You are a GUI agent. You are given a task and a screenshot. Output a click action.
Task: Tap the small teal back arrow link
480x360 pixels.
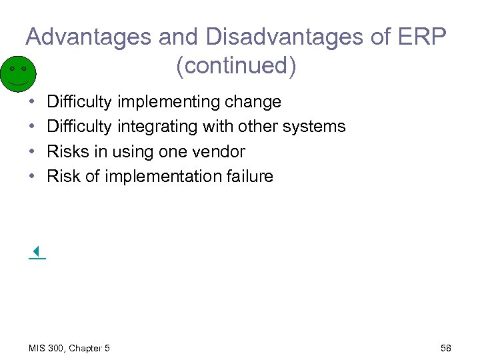pos(37,252)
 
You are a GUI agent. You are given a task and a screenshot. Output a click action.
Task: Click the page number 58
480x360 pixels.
pos(446,348)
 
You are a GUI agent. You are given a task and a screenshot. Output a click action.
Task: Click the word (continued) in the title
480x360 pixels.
pos(236,66)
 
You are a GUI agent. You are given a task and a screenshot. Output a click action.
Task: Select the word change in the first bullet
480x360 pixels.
pos(253,102)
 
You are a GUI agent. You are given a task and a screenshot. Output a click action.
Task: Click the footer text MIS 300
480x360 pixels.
pos(47,348)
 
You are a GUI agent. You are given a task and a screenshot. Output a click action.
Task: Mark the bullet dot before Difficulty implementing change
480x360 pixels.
pos(32,102)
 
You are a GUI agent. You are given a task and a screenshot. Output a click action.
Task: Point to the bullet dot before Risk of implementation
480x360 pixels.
pos(32,176)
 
